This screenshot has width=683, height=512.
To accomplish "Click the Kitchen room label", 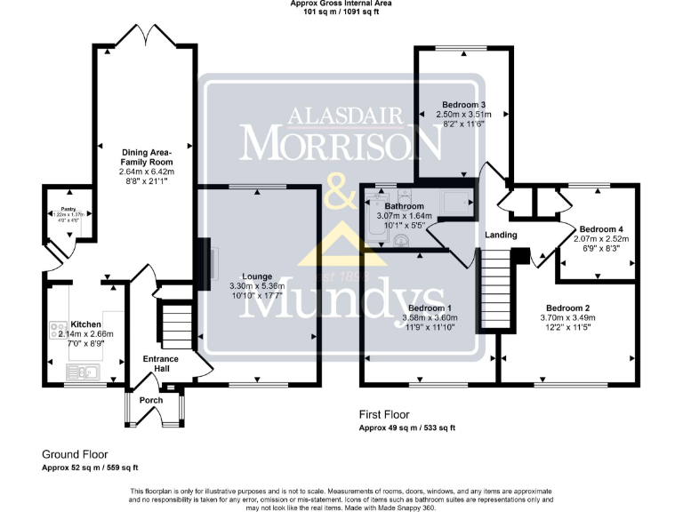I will coord(85,324).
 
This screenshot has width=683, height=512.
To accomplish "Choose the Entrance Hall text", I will coord(161,364).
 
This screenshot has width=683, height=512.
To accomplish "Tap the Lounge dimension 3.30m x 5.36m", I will coord(255,286).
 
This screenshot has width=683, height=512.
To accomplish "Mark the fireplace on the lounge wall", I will coord(204,262).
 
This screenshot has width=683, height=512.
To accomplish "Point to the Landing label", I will coord(501,235).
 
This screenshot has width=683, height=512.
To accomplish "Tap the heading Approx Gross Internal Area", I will coord(341,4).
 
